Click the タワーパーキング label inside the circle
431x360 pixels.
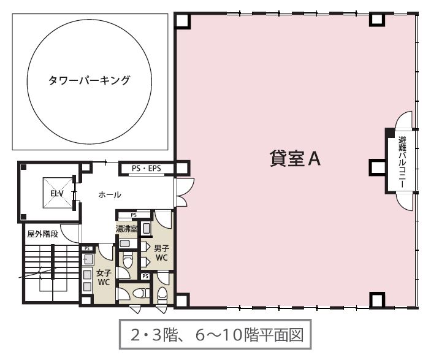click(x=89, y=80)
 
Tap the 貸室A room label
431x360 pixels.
click(x=295, y=159)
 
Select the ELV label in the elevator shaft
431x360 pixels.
click(x=57, y=193)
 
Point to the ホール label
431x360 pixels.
click(x=110, y=194)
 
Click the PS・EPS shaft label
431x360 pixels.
click(x=147, y=168)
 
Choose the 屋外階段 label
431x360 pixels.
click(x=42, y=234)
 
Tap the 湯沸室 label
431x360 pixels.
click(x=126, y=229)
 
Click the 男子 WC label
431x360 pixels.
click(x=161, y=253)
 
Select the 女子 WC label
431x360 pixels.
click(x=104, y=277)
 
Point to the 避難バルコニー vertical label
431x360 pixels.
click(x=402, y=163)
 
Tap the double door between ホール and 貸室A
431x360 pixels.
click(x=185, y=192)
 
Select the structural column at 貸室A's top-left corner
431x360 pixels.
click(x=182, y=21)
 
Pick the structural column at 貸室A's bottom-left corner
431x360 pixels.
click(x=181, y=301)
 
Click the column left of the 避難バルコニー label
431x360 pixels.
click(x=377, y=167)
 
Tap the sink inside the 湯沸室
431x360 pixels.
click(x=146, y=229)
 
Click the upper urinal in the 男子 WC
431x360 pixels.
click(x=145, y=246)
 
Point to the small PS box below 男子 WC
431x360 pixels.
click(x=145, y=276)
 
